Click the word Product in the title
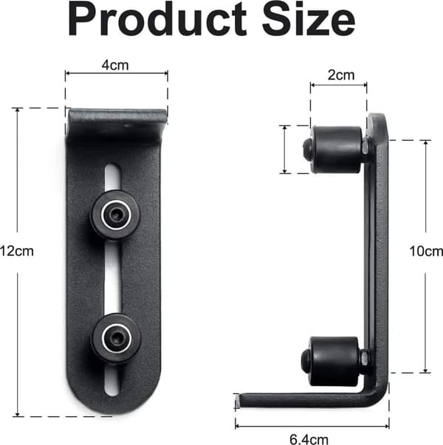point(157,19)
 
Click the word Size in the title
point(309,18)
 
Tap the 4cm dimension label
point(115,65)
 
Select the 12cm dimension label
point(17,251)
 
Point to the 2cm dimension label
point(341,75)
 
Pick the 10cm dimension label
point(426,251)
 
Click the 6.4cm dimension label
point(309,439)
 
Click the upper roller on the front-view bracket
point(116,215)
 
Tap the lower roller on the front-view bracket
point(116,339)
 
